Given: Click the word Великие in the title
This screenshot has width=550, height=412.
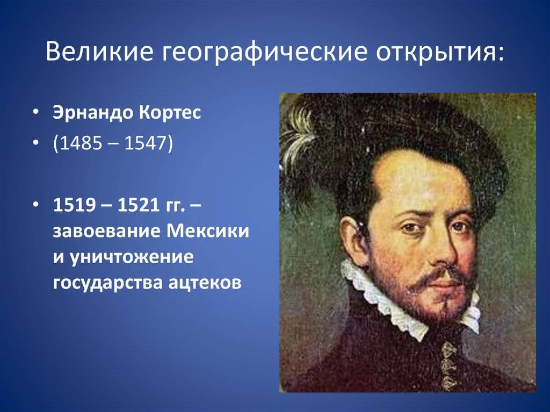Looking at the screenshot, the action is [99, 51].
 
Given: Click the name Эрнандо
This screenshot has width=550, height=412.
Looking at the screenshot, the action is [92, 113].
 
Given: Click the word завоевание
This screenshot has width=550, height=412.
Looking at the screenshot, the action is [106, 232].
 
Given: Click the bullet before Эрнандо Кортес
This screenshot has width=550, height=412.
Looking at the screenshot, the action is [36, 113].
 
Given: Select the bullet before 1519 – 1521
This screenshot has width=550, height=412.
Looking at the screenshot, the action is [36, 205].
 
